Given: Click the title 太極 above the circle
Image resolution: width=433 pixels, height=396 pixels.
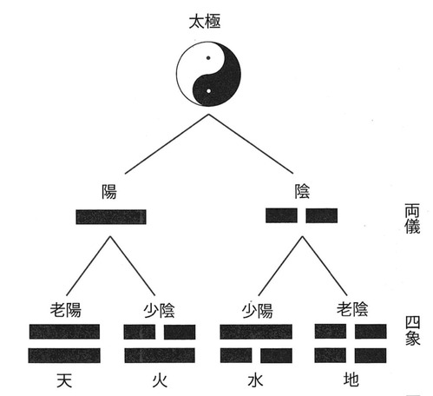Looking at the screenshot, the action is [205, 22].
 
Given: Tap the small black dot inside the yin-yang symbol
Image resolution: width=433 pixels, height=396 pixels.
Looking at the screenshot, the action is [208, 58].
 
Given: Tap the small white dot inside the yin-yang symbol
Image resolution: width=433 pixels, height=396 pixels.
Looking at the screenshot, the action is [208, 91].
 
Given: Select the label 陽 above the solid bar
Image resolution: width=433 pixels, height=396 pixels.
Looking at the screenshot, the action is [109, 192].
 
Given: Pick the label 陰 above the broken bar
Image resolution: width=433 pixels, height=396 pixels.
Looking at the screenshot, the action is [302, 191].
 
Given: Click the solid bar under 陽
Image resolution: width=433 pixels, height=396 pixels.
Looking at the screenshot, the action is [111, 217].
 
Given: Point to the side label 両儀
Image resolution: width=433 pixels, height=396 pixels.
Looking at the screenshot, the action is [412, 219].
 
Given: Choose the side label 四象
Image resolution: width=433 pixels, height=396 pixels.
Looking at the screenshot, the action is [412, 331].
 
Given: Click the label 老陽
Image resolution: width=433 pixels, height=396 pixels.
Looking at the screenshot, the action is [66, 310].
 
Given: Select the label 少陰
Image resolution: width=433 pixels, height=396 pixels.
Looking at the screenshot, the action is [159, 311].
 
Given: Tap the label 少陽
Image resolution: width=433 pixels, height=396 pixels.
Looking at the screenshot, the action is [257, 311].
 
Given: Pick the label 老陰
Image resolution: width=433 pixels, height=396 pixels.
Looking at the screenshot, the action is [352, 309].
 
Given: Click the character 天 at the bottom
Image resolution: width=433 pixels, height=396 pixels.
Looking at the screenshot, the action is [64, 380].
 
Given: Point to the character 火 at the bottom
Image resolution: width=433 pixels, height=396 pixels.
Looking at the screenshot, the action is [160, 380].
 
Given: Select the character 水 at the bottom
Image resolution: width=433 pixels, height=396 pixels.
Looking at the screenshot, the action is [255, 380].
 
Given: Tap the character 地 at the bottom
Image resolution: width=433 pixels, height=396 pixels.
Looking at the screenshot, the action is [351, 379].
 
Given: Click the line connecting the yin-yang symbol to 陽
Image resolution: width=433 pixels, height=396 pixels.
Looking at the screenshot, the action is [167, 144].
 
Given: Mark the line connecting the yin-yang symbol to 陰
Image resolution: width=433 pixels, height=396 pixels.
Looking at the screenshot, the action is [251, 144].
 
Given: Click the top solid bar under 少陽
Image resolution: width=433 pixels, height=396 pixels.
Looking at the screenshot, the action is [256, 332].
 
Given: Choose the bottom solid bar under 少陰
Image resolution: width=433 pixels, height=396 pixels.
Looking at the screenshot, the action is [160, 355].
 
